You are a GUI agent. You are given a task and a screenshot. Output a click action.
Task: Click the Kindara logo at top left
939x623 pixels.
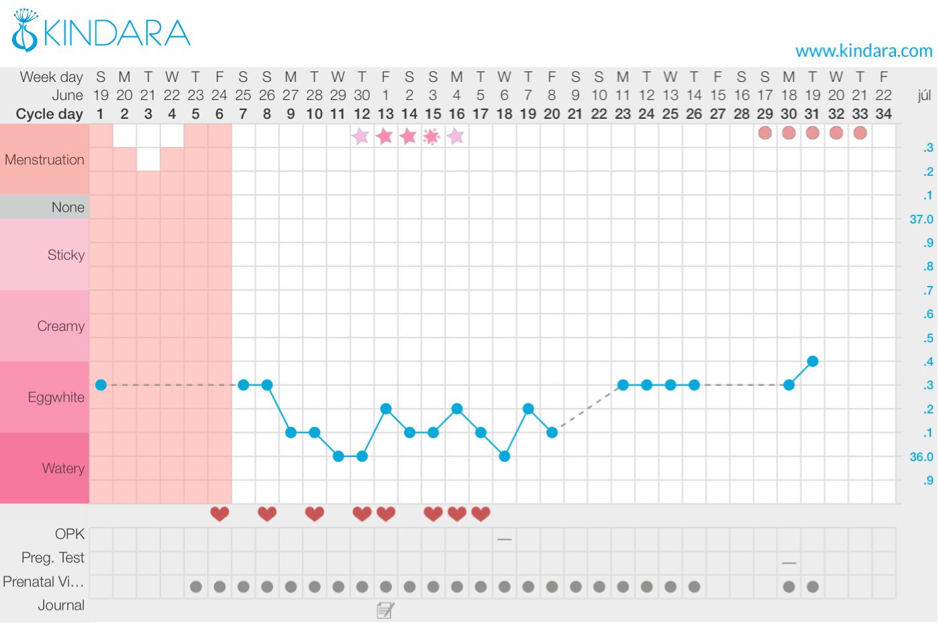(x=101, y=32)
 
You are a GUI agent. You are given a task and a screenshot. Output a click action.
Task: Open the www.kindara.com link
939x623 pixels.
(x=863, y=50)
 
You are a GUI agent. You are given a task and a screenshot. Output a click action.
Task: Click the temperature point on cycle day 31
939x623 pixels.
(x=813, y=361)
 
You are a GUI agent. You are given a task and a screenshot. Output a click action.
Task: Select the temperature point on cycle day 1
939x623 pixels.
(x=101, y=385)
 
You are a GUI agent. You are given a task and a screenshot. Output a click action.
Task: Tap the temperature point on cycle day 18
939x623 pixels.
(x=505, y=457)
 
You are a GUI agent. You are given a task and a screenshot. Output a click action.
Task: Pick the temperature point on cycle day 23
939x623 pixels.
(x=623, y=385)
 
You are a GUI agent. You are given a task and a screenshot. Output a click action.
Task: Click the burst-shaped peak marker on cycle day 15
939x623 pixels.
(x=433, y=136)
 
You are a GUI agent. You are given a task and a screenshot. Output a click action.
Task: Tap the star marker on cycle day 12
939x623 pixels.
(x=362, y=136)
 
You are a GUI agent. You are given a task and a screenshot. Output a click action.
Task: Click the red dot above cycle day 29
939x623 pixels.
(x=765, y=133)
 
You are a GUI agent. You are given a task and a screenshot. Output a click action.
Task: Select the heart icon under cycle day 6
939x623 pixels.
(x=219, y=514)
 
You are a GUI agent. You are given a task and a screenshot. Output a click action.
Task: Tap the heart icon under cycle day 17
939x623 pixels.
(x=481, y=514)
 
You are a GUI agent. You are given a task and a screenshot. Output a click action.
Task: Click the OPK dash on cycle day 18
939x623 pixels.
(x=505, y=538)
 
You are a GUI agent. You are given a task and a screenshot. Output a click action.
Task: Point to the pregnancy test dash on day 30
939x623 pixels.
(x=789, y=563)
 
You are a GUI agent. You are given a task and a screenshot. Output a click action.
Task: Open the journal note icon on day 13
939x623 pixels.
(x=385, y=610)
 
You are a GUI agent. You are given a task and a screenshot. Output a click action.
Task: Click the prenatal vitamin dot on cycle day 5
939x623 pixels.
(x=196, y=587)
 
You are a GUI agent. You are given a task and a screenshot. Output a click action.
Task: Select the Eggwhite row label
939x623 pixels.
(x=56, y=397)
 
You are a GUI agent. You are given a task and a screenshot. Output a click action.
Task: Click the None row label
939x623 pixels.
(x=68, y=207)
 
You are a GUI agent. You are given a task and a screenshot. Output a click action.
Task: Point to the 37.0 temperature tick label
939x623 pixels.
(x=921, y=220)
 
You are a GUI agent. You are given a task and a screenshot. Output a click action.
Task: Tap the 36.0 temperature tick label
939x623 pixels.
(x=921, y=457)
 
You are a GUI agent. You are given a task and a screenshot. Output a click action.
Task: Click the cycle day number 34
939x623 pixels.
(x=884, y=114)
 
